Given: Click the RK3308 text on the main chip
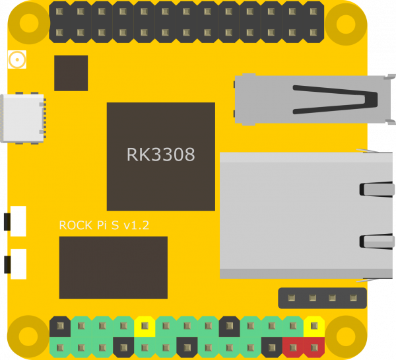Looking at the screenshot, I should [160, 155].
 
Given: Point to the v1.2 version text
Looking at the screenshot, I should [137, 225].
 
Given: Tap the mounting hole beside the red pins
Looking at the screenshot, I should [346, 336].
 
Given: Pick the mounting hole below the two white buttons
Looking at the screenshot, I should [28, 336].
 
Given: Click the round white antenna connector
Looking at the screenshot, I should [16, 61].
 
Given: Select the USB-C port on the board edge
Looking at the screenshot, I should [23, 118].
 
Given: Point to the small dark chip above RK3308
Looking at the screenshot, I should [71, 73].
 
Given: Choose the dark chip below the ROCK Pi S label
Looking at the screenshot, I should [113, 268].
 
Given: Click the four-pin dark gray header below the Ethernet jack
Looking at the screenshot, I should [322, 298].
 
